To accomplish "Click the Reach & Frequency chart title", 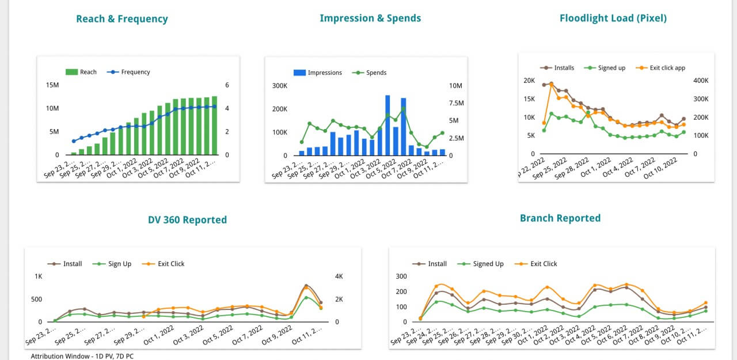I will point(122,19).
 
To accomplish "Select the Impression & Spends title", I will point(370,18).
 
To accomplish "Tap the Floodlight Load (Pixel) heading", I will point(613,18).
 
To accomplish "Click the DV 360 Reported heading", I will point(187,219).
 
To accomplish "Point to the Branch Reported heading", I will point(560,218).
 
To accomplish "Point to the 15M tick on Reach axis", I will point(52,85).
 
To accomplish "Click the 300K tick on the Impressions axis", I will point(280,86).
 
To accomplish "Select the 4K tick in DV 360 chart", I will point(339,276).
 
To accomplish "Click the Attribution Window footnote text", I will point(82,356).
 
